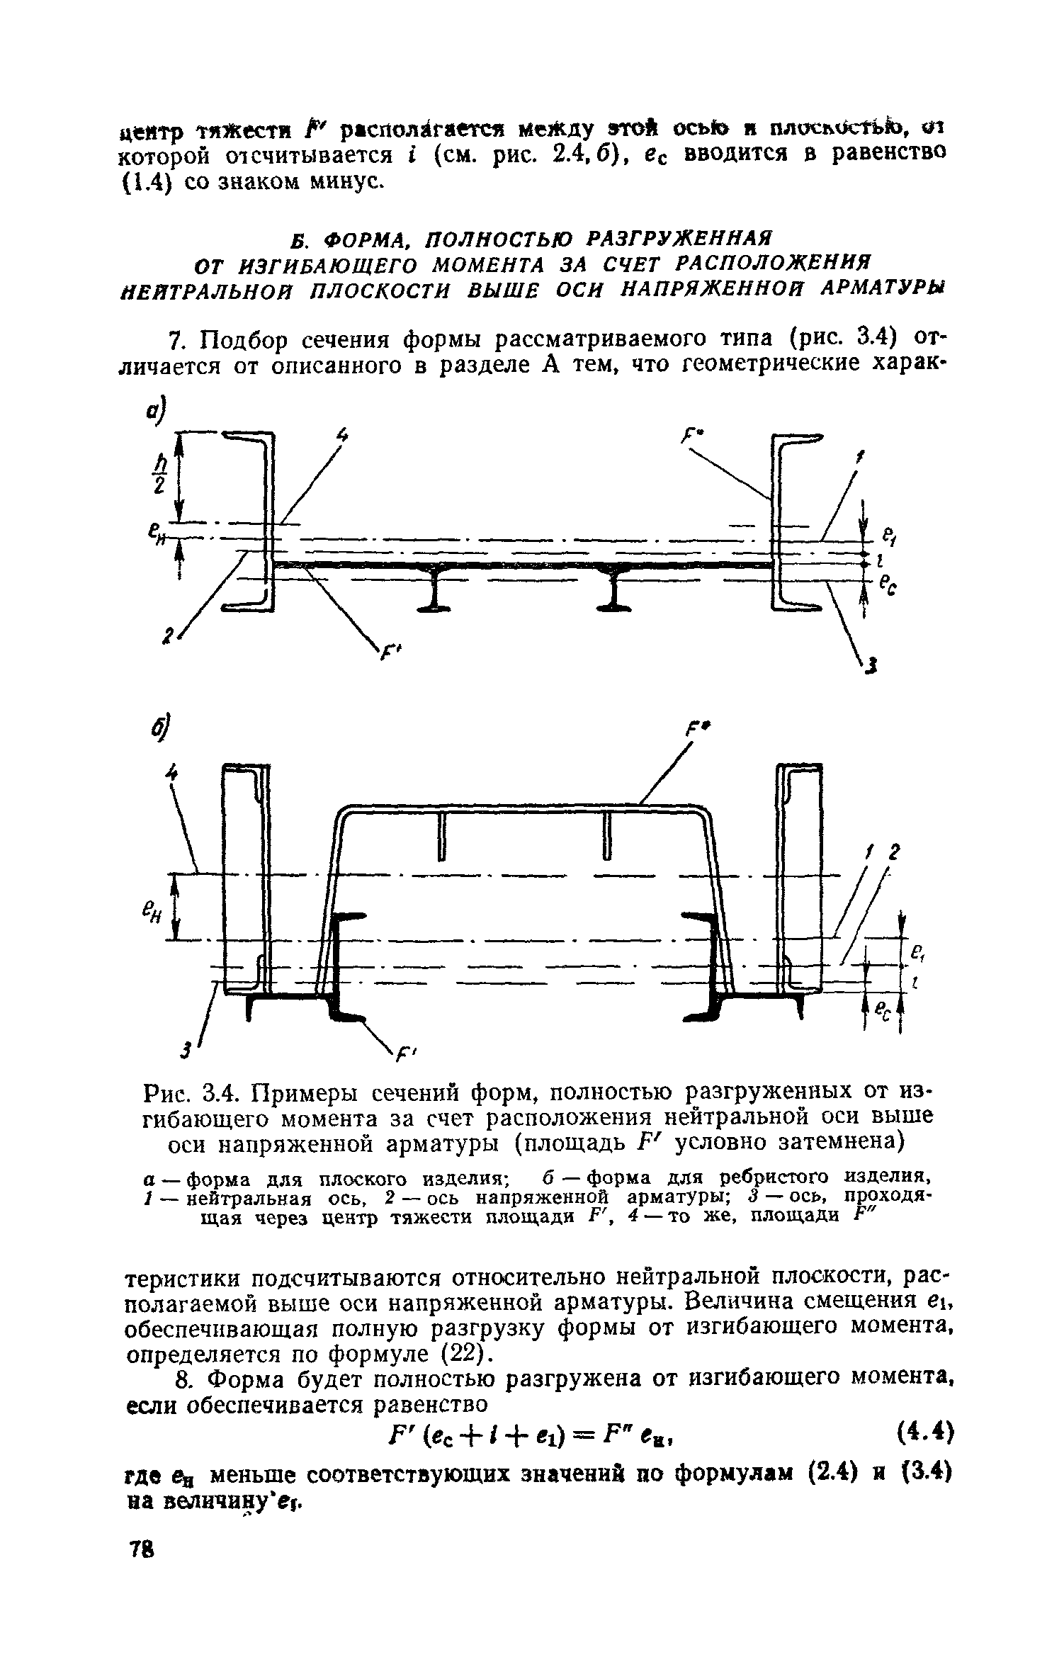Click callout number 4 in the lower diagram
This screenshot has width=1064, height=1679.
171,774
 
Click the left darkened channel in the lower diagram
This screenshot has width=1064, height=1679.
344,967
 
